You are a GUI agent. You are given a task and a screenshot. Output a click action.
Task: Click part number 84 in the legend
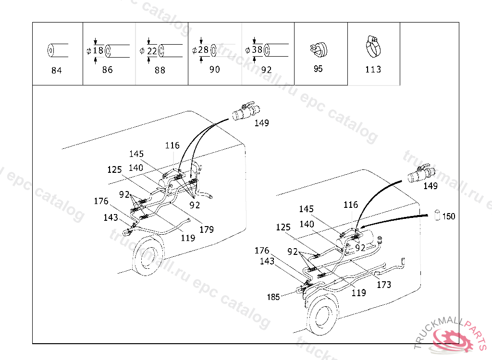[x=56, y=71]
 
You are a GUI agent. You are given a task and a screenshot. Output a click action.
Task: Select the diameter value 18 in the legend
[x=98, y=50]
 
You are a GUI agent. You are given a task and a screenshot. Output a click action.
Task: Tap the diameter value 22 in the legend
[x=152, y=50]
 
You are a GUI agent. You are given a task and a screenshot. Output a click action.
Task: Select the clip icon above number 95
[x=318, y=48]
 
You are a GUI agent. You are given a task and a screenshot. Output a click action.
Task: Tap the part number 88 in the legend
[x=160, y=70]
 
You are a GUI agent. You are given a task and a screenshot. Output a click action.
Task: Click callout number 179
[x=206, y=229]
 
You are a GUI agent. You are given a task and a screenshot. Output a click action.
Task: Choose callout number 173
[x=383, y=285]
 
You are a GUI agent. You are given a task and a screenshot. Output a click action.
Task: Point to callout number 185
[x=273, y=297]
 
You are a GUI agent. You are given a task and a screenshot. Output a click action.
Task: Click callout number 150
[x=448, y=216]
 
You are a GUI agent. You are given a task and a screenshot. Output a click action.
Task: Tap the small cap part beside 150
[x=437, y=215]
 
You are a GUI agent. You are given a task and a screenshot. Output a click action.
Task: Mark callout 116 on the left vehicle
[x=172, y=145]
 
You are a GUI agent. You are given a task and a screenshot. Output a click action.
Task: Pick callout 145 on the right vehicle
[x=306, y=209]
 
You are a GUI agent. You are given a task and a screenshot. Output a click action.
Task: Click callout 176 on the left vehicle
[x=101, y=201]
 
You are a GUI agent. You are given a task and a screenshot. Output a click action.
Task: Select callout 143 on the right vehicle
[x=267, y=261]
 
